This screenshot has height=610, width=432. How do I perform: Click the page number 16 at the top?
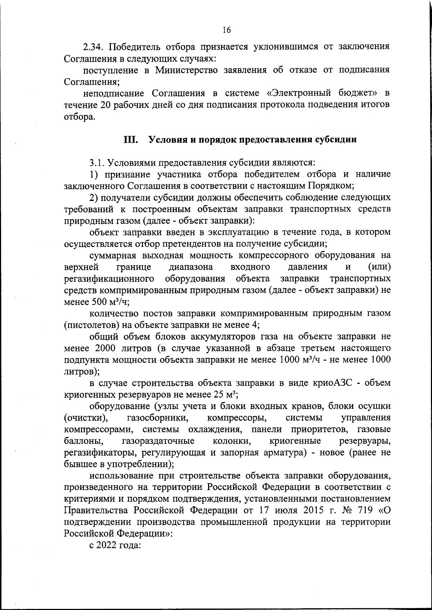click(226, 30)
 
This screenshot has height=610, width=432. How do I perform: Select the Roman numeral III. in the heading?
click(131, 140)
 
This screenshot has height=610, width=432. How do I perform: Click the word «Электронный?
click(302, 94)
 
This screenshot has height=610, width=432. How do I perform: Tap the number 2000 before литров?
click(106, 348)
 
